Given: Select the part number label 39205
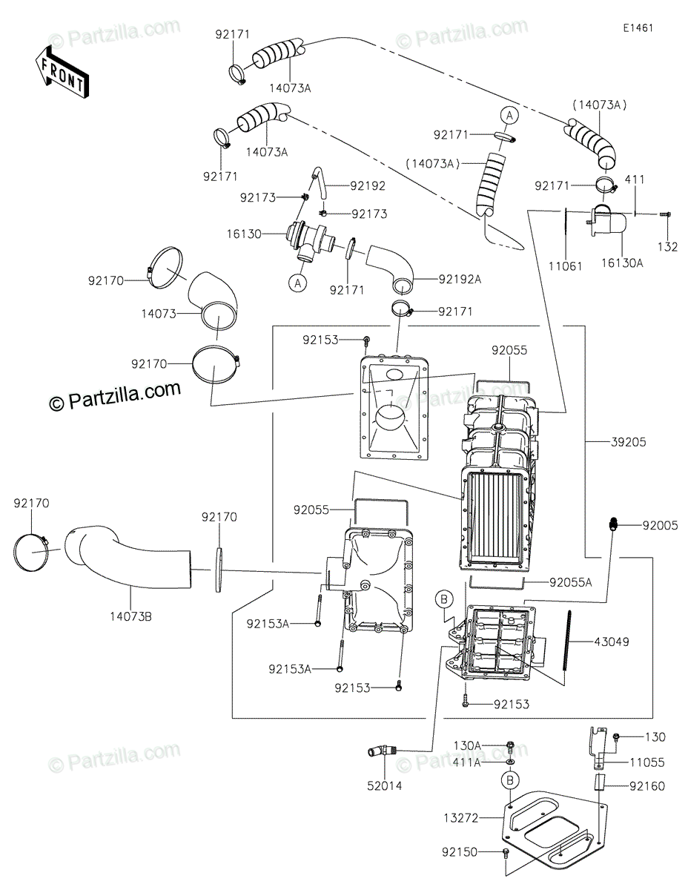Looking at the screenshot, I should coord(629,442).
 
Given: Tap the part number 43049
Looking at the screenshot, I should coord(611,642).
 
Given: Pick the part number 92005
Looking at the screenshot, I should coord(661,526).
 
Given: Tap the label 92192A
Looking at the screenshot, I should coord(460,280).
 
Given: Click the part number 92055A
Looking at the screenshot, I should coord(572,582).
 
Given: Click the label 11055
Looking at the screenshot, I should coord(647,762).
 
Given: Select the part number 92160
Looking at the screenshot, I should coord(647,786).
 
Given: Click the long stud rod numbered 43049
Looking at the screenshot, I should coord(566,642).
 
